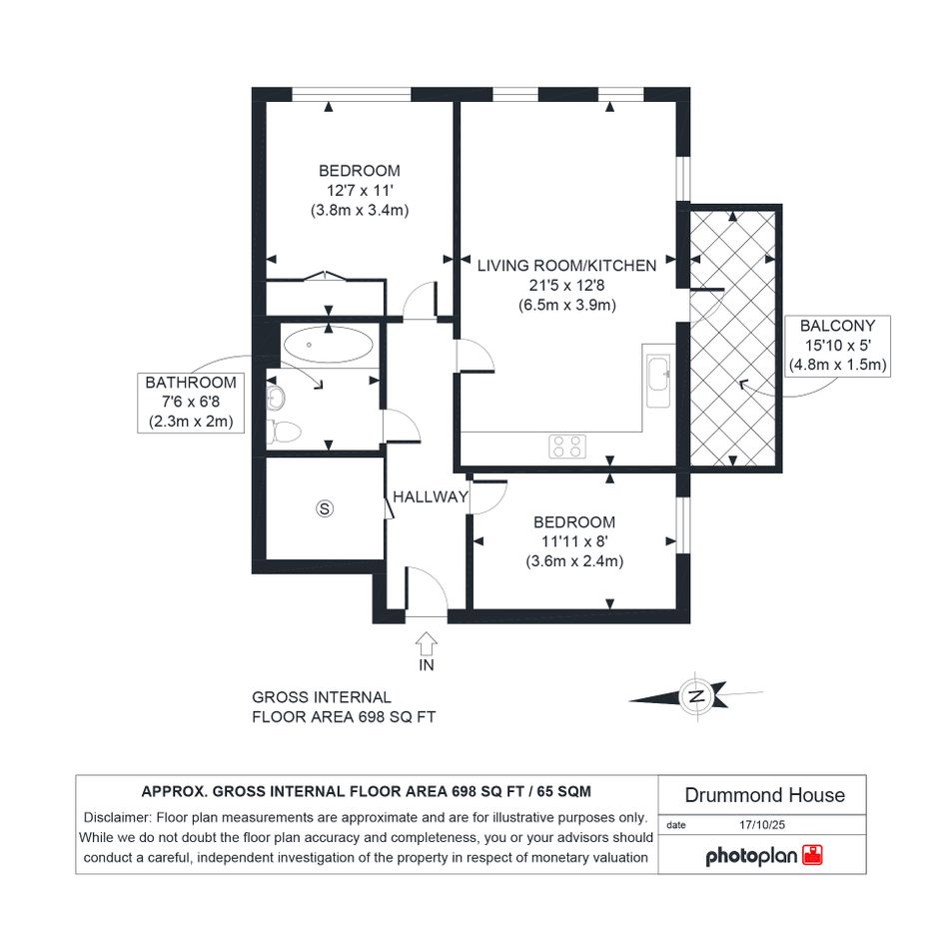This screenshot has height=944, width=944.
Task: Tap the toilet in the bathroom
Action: (x=284, y=432)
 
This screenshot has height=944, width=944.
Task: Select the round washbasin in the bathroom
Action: (x=276, y=398)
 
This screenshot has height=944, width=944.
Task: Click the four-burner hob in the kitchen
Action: (x=567, y=447)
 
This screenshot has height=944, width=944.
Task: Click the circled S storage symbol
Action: (x=325, y=508)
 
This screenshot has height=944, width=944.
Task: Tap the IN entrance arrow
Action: (x=427, y=643)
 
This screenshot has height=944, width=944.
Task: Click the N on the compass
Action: (x=696, y=697)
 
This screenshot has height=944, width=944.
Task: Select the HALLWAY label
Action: (x=431, y=496)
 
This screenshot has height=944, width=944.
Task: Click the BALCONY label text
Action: (x=837, y=326)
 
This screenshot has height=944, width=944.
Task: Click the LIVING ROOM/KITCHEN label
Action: (x=567, y=266)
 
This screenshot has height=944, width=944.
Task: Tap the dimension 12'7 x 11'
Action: (x=360, y=190)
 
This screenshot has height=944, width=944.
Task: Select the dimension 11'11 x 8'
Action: (x=574, y=541)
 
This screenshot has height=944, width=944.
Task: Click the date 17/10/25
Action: (x=762, y=825)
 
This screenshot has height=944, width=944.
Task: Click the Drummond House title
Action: (x=764, y=795)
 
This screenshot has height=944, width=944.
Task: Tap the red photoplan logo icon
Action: (x=813, y=855)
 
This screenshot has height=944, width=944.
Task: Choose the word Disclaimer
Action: (x=117, y=817)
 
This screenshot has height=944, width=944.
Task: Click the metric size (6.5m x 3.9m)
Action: (x=567, y=305)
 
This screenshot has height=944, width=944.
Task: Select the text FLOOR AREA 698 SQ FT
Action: (x=344, y=717)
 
